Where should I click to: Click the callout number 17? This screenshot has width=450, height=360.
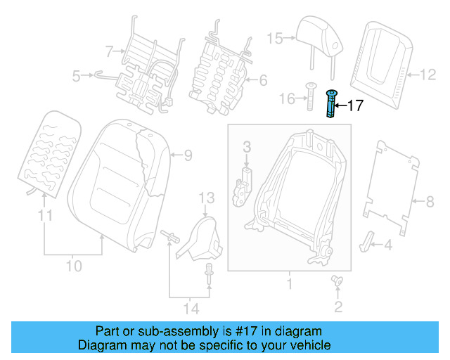[356, 105]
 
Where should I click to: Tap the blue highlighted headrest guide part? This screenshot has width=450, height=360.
[330, 104]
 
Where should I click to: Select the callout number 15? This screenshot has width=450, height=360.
[274, 38]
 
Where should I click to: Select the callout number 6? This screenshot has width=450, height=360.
[262, 81]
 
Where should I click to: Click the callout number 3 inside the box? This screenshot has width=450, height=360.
[247, 146]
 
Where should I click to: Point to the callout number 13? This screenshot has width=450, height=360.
[205, 197]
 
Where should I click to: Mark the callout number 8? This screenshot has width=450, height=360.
[430, 202]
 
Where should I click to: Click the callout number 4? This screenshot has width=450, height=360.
[387, 245]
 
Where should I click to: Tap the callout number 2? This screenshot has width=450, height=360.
[338, 306]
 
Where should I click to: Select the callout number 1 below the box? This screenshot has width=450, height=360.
[288, 285]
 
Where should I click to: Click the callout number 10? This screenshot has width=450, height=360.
[74, 266]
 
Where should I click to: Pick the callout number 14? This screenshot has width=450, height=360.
[190, 308]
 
